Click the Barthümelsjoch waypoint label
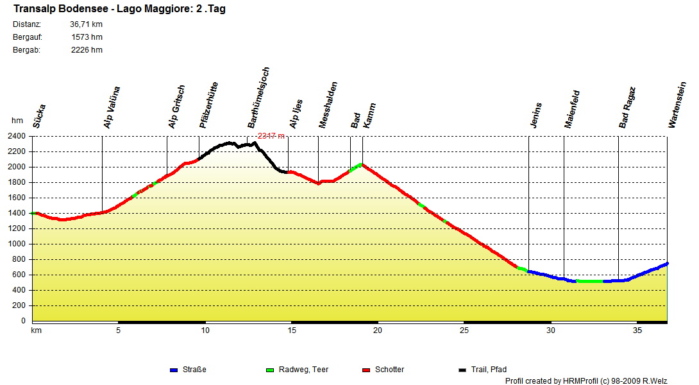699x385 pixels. pos(258,98)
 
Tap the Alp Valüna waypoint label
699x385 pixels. pos(112,107)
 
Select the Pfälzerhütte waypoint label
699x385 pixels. pos(208,105)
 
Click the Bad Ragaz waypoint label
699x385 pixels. pos(627,108)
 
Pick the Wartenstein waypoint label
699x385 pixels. pos(673,105)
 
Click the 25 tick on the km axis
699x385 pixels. pos(464,330)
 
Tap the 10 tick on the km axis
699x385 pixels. pos(205,330)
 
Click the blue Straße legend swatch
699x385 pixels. pos(173,370)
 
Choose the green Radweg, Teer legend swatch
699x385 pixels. pos(270,370)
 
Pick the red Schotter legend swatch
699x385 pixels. pos(366,370)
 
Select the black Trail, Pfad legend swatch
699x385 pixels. pos(462,370)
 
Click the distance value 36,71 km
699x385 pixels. pos(86,24)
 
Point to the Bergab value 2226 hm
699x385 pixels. pos(87,50)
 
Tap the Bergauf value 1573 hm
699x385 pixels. pos(87,37)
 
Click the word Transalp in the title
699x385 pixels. pos(32,9)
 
